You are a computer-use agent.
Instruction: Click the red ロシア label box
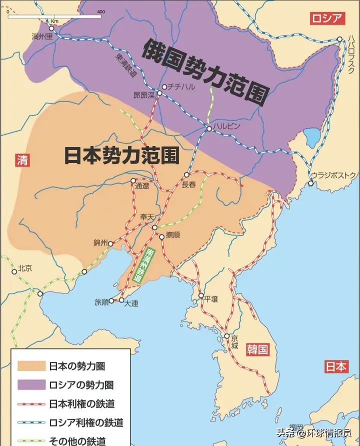[x=327, y=19]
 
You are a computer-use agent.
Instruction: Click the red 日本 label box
[x=335, y=366]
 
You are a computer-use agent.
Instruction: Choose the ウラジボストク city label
[x=333, y=174]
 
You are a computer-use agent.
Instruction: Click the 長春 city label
[x=188, y=184]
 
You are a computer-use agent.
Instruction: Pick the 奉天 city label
[x=147, y=217]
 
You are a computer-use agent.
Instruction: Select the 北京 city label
[x=24, y=268]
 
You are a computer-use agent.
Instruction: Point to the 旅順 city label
[x=101, y=302]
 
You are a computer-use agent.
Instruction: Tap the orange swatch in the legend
[x=31, y=366]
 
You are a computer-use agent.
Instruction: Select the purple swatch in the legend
[x=31, y=385]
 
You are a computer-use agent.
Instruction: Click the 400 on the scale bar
[x=101, y=11]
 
